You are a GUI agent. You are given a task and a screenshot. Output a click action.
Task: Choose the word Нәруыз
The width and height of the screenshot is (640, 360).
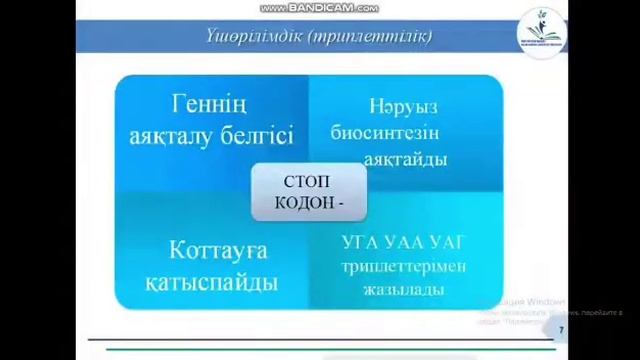click(x=403, y=106)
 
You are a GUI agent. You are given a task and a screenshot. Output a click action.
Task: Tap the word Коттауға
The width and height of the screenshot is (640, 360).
click(x=204, y=250)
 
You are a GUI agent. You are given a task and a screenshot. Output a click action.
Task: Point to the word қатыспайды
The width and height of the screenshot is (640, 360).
click(x=210, y=282)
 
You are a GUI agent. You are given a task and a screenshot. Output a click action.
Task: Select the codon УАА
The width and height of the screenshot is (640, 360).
click(x=404, y=243)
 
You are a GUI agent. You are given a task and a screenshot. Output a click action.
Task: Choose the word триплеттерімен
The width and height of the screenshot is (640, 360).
click(x=403, y=266)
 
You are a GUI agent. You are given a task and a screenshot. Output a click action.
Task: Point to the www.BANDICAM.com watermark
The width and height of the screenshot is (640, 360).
click(x=319, y=8)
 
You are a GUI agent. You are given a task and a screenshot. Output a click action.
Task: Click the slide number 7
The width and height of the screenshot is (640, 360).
click(x=561, y=330)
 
